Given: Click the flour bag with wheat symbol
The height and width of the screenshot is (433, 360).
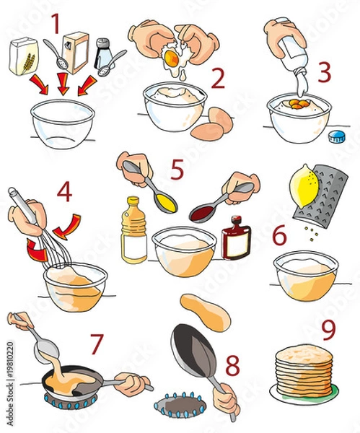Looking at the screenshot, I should tap(24, 57).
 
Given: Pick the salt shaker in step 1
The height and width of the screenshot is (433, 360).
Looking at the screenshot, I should tap(103, 53).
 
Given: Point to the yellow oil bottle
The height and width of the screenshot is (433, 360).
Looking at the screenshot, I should tap(133, 231).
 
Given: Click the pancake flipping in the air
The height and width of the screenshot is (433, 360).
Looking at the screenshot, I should tap(205, 312).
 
